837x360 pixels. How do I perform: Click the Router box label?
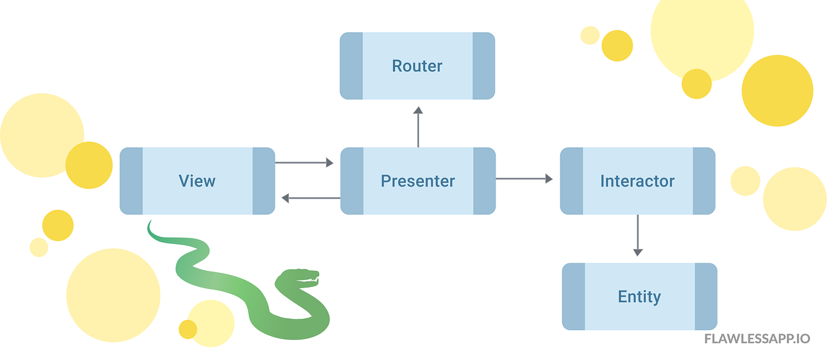(417, 66)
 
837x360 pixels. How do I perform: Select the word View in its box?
(197, 181)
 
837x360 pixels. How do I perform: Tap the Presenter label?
(417, 181)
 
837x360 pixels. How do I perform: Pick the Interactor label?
(637, 181)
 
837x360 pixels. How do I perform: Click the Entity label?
(639, 297)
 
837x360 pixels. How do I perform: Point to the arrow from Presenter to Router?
(418, 127)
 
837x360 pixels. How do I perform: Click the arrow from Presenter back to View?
(311, 198)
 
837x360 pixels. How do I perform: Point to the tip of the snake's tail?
(149, 223)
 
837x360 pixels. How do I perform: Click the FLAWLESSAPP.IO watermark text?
(757, 339)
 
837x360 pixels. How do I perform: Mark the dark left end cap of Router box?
(351, 66)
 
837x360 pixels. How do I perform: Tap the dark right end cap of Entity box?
(706, 297)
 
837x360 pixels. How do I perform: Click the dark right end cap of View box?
(264, 181)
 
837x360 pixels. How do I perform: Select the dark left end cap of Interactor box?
(572, 181)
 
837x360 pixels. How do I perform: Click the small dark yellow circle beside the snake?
(188, 329)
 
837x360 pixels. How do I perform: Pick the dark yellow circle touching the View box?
(89, 165)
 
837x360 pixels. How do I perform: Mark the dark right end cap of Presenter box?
(484, 181)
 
